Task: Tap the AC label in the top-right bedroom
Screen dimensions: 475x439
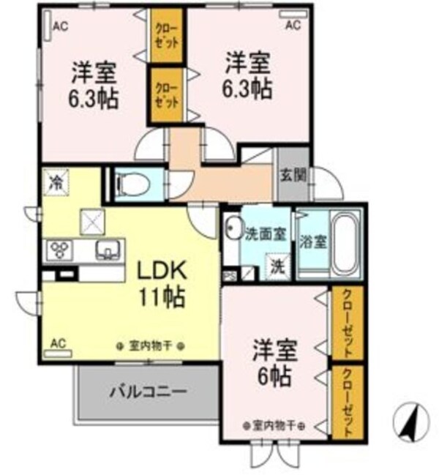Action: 292,26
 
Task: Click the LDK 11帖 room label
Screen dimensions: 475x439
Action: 162,284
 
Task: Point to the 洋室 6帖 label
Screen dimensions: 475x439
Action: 274,363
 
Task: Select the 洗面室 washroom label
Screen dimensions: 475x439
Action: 265,235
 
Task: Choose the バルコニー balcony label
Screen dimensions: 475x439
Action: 148,390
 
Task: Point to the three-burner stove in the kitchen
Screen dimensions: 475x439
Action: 58,250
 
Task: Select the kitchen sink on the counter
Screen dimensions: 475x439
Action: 108,250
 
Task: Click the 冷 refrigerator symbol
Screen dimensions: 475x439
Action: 55,182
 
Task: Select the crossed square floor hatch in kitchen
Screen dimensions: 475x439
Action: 93,219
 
